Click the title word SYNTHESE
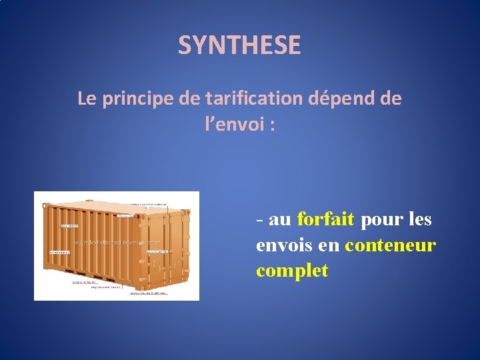(239, 45)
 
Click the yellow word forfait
(325, 219)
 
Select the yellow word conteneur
(390, 245)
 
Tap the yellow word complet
(291, 271)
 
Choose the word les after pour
(417, 219)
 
